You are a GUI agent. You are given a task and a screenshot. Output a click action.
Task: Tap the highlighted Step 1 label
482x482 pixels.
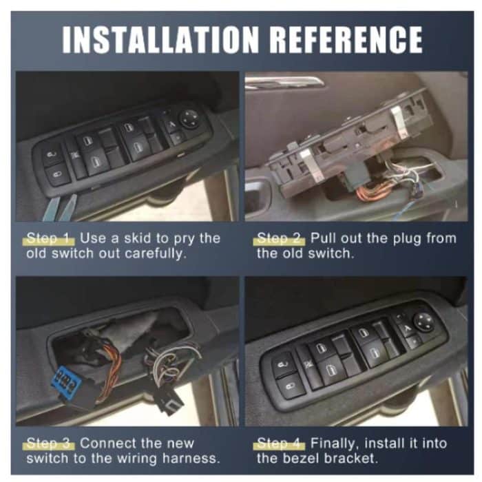[49, 238]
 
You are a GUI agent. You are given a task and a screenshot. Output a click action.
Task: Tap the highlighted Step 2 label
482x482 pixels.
[280, 238]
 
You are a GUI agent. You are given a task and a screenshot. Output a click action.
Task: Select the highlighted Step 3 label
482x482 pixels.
[49, 443]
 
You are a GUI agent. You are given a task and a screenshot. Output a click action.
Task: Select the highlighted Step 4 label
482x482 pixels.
[280, 443]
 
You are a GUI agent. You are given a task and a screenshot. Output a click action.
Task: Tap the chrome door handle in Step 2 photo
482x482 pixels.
[286, 82]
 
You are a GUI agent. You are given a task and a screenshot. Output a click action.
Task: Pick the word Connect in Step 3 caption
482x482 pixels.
[111, 443]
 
